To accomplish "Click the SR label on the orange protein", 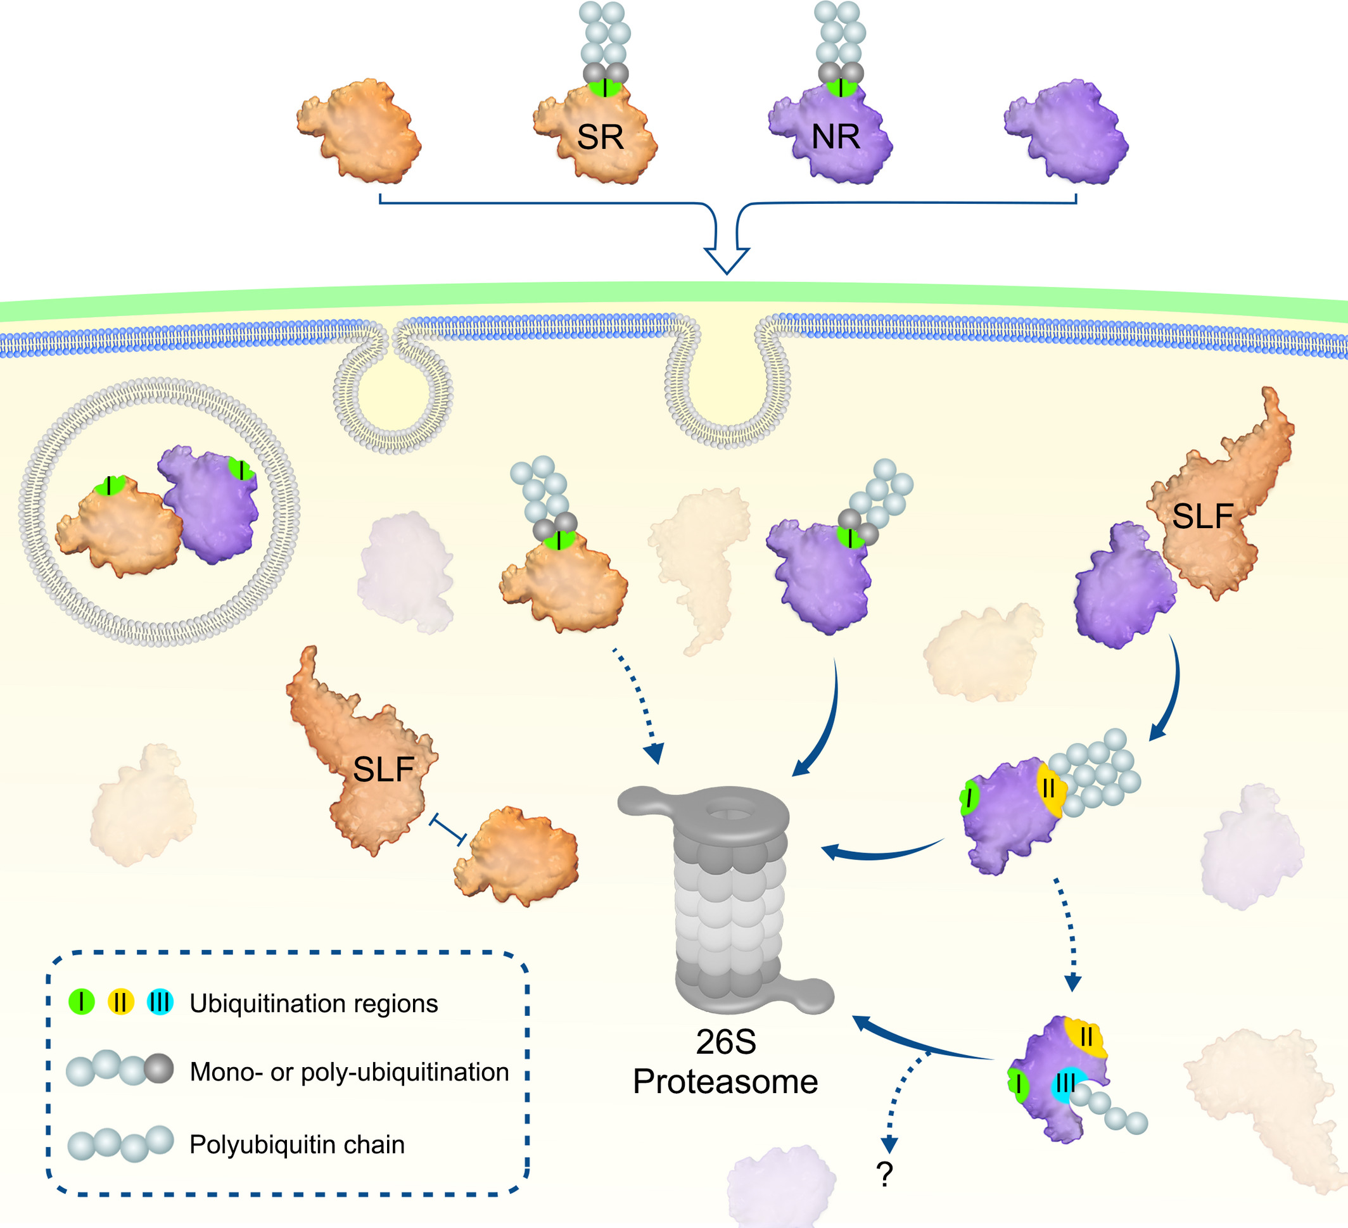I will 600,137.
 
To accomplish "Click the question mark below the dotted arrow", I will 884,1175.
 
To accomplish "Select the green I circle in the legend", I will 82,1001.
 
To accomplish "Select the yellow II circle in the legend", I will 120,1002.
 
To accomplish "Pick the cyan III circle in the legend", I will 160,1002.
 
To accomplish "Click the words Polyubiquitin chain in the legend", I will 297,1144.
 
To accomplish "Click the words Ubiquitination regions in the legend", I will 314,1003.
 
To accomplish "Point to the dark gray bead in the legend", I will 159,1068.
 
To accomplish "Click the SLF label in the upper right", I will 1202,516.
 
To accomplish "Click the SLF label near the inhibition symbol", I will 383,769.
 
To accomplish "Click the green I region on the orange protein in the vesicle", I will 109,485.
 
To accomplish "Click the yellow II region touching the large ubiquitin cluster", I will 1049,789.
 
